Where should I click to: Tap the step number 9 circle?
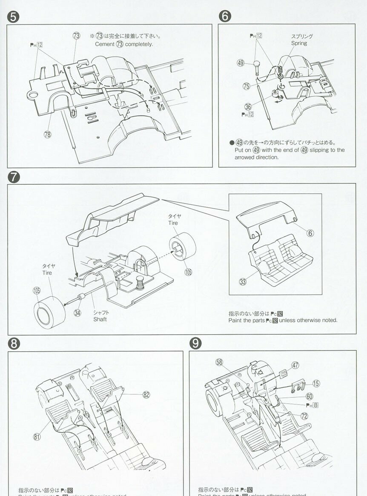(195, 343)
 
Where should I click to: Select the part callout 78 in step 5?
(47, 135)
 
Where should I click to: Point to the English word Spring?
(299, 43)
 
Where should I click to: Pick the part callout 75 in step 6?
(246, 86)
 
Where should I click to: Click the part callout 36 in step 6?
(248, 106)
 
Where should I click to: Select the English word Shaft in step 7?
(100, 319)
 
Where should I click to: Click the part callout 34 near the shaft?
(77, 313)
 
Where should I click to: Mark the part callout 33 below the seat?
(243, 281)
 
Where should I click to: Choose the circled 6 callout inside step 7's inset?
(310, 233)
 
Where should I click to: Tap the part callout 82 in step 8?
(146, 395)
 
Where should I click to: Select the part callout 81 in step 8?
(37, 436)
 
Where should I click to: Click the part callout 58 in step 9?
(219, 362)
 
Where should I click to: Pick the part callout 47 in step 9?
(295, 365)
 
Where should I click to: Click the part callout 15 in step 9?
(315, 384)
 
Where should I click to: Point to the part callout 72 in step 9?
(304, 416)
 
